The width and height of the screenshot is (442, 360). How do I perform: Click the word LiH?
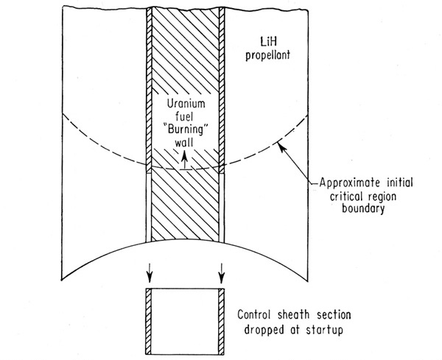[x=268, y=42]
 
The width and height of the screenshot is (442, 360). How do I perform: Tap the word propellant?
[x=267, y=55]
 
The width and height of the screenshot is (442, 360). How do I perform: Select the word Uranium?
[x=186, y=104]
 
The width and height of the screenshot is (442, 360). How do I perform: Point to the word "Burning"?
[x=186, y=130]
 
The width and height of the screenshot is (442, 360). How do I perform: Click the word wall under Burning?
[x=184, y=143]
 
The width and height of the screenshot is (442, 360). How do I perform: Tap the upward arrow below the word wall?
[x=184, y=160]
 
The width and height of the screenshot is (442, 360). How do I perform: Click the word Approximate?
[x=350, y=183]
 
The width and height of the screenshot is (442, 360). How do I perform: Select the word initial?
[x=399, y=183]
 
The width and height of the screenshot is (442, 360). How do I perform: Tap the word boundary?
[x=363, y=209]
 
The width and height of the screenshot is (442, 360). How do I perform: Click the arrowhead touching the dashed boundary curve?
[x=281, y=147]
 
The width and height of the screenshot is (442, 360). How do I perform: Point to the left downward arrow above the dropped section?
[x=150, y=273]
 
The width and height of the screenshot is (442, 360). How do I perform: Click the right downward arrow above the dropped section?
[x=222, y=273]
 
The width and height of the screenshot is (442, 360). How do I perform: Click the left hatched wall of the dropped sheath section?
[x=149, y=322]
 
